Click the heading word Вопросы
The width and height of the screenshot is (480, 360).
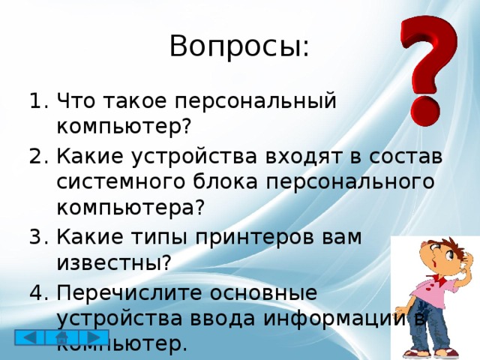click(x=238, y=46)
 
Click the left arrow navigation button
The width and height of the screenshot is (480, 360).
click(x=29, y=337)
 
